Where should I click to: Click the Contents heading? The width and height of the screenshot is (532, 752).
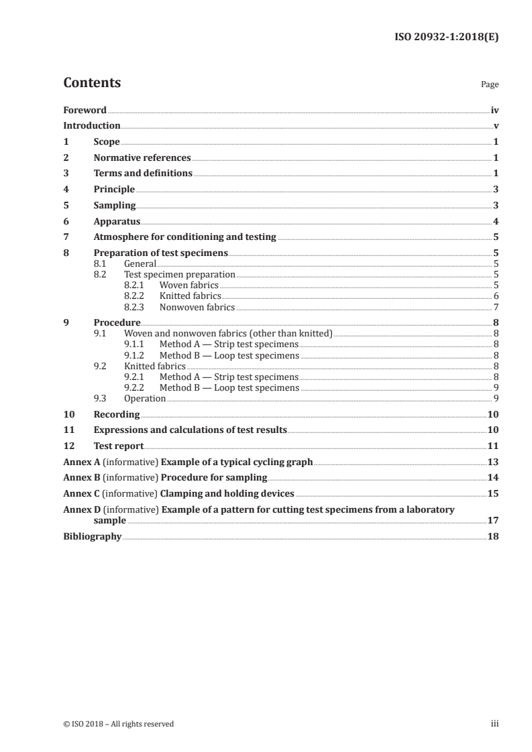pyautogui.click(x=92, y=83)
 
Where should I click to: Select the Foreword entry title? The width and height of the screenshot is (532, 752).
pyautogui.click(x=85, y=110)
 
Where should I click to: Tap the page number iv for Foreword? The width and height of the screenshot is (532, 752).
pyautogui.click(x=494, y=110)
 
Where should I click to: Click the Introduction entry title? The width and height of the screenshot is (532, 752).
pyautogui.click(x=91, y=126)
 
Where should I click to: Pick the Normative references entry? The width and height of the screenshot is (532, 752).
pyautogui.click(x=142, y=158)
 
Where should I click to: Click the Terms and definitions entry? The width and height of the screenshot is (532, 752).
pyautogui.click(x=143, y=174)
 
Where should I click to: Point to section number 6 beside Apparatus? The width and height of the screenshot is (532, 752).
pyautogui.click(x=66, y=221)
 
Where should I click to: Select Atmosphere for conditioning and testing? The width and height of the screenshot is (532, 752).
pyautogui.click(x=184, y=237)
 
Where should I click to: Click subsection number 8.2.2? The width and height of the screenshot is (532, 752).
pyautogui.click(x=136, y=296)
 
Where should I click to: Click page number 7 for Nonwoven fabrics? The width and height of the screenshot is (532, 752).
pyautogui.click(x=496, y=307)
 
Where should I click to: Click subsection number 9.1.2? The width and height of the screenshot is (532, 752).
pyautogui.click(x=136, y=355)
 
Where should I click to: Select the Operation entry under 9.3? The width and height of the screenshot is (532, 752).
pyautogui.click(x=145, y=398)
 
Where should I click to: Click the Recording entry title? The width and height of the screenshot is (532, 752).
pyautogui.click(x=117, y=414)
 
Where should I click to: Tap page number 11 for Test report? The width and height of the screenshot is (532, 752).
pyautogui.click(x=492, y=446)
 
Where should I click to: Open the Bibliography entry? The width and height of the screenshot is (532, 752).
pyautogui.click(x=92, y=536)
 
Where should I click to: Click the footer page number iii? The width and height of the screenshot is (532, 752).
pyautogui.click(x=494, y=724)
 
